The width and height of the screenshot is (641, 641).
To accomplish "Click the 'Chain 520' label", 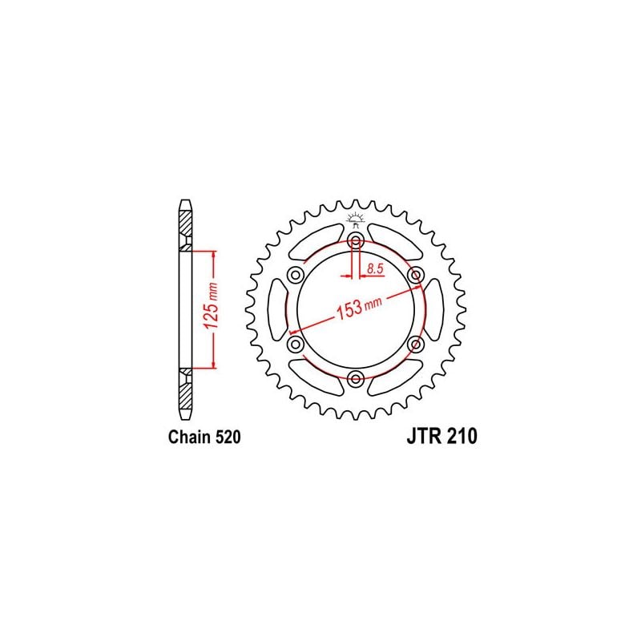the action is [204, 437].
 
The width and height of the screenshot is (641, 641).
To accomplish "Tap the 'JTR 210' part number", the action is [441, 436].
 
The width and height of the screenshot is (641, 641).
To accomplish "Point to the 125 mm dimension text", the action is [211, 305].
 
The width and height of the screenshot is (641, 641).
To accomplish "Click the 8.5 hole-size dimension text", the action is [375, 269].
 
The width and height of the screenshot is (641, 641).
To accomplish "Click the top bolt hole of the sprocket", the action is [356, 241].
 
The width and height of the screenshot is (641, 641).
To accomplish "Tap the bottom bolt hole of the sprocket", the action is [356, 379].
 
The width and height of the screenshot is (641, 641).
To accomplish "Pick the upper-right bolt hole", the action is [416, 275].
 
